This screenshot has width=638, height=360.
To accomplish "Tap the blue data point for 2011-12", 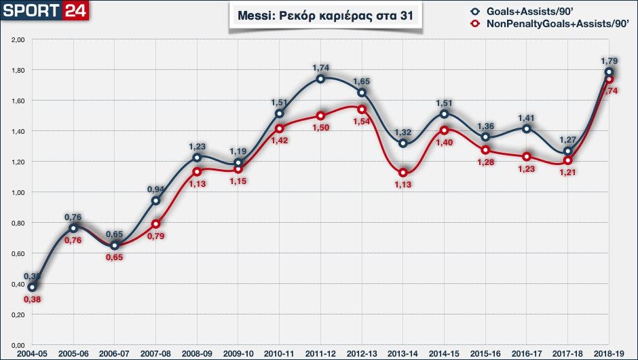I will [320, 79].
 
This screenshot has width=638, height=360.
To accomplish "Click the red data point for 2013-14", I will [403, 173].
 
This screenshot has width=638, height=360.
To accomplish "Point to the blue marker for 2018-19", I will [609, 72].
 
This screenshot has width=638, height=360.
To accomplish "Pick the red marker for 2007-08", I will [155, 224].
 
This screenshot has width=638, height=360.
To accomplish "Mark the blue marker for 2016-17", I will [526, 129].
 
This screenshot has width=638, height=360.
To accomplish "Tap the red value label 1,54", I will [361, 121].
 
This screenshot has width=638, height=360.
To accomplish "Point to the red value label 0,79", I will [156, 236].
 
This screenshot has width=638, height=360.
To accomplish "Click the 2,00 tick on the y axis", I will [18, 40].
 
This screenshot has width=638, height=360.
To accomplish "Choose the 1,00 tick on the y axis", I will [18, 192].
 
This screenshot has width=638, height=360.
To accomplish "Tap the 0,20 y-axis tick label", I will [18, 314].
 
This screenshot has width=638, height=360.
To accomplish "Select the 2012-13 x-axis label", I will [362, 353].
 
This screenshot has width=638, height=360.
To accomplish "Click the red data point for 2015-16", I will [485, 150].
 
